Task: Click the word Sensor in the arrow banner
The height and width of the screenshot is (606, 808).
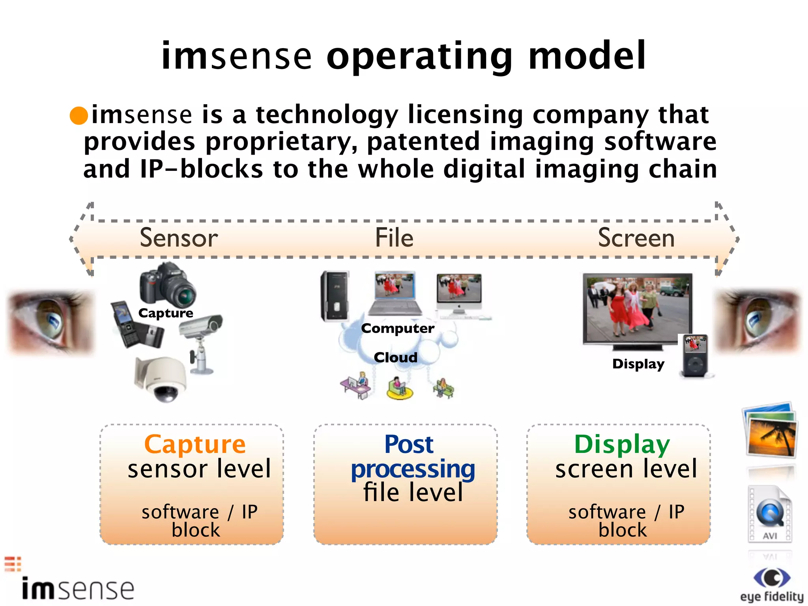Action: pyautogui.click(x=179, y=238)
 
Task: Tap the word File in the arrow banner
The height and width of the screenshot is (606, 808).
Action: pyautogui.click(x=394, y=238)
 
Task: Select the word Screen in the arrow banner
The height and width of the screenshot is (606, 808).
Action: pyautogui.click(x=636, y=238)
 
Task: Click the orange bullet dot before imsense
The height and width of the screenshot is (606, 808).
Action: pyautogui.click(x=79, y=116)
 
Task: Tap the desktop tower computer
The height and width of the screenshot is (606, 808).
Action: pyautogui.click(x=335, y=296)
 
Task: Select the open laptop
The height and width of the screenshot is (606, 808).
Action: pyautogui.click(x=395, y=294)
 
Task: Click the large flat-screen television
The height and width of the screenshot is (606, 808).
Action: pyautogui.click(x=637, y=310)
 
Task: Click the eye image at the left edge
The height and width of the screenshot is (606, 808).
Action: pyautogui.click(x=51, y=322)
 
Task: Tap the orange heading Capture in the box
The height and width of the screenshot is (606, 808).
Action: pyautogui.click(x=195, y=445)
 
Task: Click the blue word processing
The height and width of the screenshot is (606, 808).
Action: pyautogui.click(x=413, y=469)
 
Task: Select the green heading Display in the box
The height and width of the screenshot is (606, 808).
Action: pyautogui.click(x=622, y=445)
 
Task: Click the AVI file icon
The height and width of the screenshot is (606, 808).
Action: pyautogui.click(x=770, y=515)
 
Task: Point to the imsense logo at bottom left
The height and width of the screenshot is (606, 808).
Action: pyautogui.click(x=77, y=588)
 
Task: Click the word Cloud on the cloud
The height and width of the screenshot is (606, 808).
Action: pyautogui.click(x=395, y=357)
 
